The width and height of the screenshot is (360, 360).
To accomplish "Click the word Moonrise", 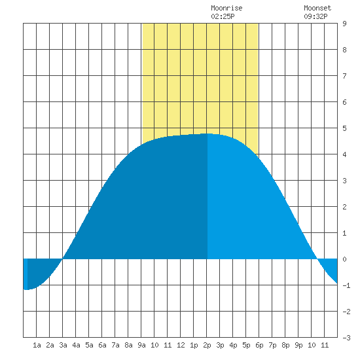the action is click(x=226, y=8).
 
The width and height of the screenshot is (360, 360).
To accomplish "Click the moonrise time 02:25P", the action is click(x=223, y=16).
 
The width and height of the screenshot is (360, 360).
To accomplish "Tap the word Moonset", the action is click(x=317, y=8).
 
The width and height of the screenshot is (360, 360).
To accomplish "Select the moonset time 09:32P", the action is click(x=315, y=16).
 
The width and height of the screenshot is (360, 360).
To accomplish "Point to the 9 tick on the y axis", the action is click(x=344, y=24).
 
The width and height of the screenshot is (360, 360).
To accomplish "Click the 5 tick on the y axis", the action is click(x=344, y=128).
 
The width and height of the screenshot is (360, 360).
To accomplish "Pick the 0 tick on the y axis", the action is click(x=344, y=259).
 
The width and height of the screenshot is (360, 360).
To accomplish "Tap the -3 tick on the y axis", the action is click(x=346, y=338).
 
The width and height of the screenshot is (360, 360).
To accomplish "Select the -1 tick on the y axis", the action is click(x=346, y=285).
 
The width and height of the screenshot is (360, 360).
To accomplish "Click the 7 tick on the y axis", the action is click(x=344, y=76).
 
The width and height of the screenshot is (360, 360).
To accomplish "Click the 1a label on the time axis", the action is click(x=37, y=345).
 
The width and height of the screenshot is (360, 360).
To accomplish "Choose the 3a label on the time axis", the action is click(x=63, y=345).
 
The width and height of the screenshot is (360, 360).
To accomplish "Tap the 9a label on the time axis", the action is click(x=141, y=345).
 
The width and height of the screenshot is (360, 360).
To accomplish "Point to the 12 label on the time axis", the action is click(x=181, y=345).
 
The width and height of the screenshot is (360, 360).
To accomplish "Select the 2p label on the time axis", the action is click(x=207, y=345).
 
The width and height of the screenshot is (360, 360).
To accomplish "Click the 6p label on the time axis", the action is click(x=259, y=345).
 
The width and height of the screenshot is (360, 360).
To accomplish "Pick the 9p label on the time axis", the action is click(x=298, y=345).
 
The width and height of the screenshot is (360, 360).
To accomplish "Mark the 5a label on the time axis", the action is click(x=89, y=345).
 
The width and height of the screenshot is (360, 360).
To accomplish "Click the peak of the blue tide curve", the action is click(x=207, y=134).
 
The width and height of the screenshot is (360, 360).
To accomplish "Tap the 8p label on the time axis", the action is click(x=285, y=345).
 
